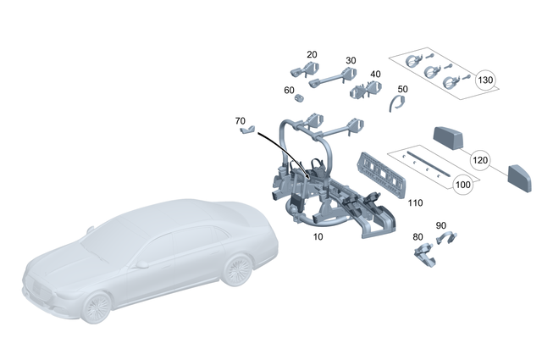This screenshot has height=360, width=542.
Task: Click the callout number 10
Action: tap(318, 236)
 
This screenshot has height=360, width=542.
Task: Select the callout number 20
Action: tap(312, 54)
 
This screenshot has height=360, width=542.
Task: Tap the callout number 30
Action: tap(351, 60)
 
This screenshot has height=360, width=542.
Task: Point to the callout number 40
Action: tap(375, 74)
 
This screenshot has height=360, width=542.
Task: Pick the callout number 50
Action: tap(402, 88)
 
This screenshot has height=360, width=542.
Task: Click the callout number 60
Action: tap(289, 90)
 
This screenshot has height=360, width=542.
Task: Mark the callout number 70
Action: tap(241, 121)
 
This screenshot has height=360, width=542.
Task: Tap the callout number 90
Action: tap(440, 225)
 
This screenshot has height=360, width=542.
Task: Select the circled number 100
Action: tap(463, 184)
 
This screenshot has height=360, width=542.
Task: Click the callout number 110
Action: tap(415, 203)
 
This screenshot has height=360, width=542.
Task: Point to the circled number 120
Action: tap(480, 159)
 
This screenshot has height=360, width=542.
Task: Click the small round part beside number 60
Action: tap(299, 98)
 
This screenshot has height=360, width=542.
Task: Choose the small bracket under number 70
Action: tap(247, 131)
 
